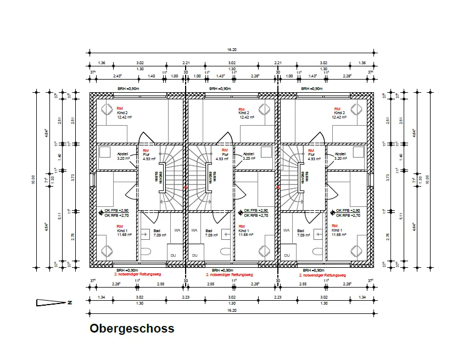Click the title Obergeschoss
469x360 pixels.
[132, 329]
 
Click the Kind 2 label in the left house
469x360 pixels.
[122, 113]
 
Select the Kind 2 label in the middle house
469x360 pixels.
[245, 113]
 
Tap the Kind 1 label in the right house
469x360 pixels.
[337, 230]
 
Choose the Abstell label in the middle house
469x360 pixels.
[249, 154]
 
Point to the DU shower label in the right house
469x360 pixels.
[286, 255]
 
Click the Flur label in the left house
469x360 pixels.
[146, 155]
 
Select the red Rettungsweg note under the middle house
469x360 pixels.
[229, 274]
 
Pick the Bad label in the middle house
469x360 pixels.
[209, 230]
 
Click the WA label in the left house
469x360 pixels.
[177, 230]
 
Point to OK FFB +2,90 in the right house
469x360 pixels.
[348, 211]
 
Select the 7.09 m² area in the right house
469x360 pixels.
[304, 235]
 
